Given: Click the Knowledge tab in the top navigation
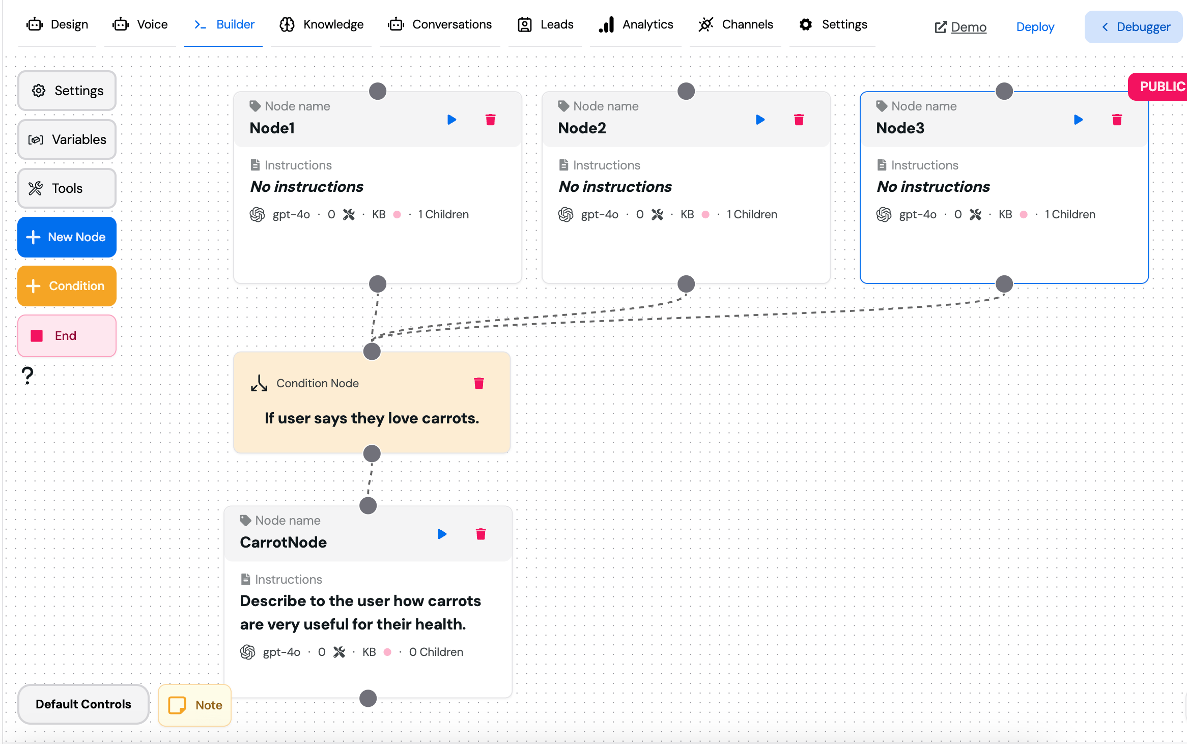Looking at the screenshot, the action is tap(321, 24).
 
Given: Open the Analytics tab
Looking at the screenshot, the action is tap(636, 24).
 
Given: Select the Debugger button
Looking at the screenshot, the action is tap(1134, 27).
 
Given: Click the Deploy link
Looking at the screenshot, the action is tap(1035, 27).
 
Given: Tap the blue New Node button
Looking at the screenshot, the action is tap(67, 237).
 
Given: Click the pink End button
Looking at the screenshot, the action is tap(67, 336).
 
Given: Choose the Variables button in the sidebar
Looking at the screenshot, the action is tap(67, 139).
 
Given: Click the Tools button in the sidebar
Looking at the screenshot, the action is tap(67, 188).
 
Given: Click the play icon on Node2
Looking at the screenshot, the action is tap(760, 120).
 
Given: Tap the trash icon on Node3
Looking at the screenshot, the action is tap(1117, 120).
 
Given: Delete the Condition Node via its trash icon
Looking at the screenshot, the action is tap(478, 383).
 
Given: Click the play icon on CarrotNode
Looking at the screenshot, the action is tap(442, 534).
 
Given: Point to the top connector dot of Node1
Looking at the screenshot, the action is tap(378, 91).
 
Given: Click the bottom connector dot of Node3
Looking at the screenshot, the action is tap(1004, 284).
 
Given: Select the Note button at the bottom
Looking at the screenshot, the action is tap(194, 705).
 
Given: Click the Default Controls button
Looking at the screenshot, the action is tap(83, 704).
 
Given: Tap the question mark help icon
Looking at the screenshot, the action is tap(28, 376).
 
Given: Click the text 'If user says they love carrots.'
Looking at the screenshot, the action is tap(372, 418).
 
